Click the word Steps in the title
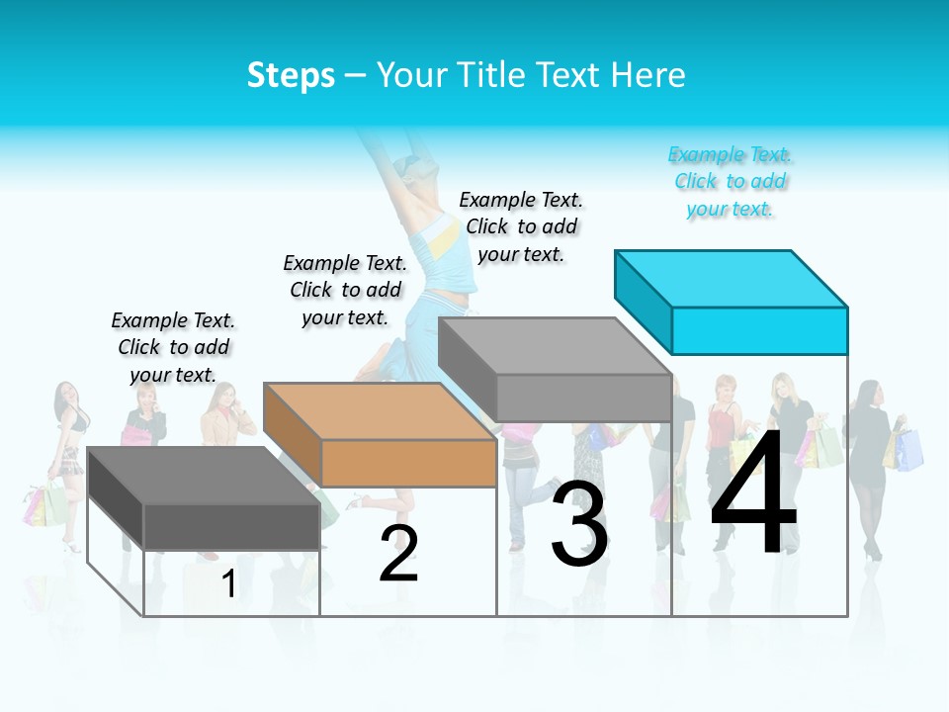291,75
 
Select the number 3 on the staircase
579,524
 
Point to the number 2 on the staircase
398,553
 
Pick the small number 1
228,583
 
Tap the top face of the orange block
381,410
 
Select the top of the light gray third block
556,346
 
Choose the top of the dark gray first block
204,476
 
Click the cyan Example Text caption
730,182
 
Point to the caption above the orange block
345,290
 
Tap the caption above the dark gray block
173,347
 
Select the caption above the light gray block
521,226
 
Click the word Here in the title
648,75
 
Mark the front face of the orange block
408,463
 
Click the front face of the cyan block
759,330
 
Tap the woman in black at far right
870,465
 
